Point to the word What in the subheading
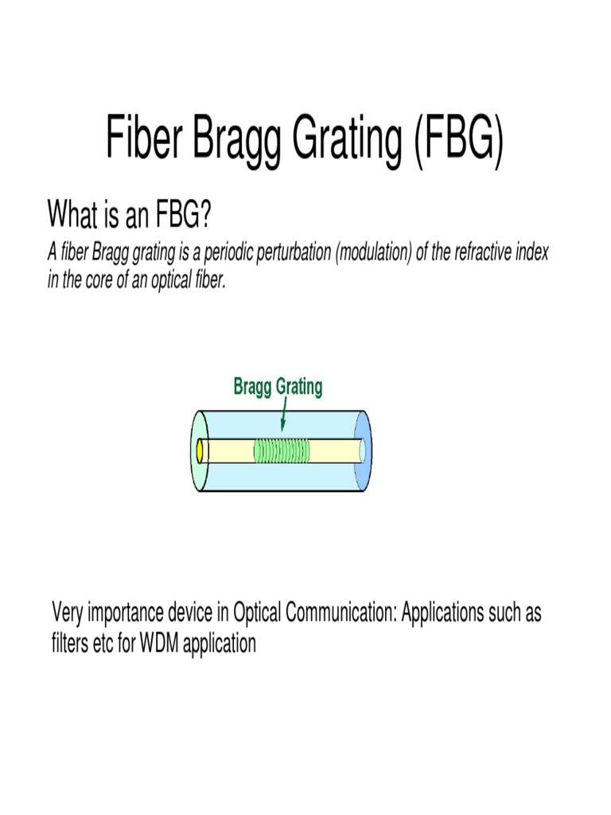72,214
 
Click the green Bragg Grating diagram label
278,388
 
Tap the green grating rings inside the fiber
281,450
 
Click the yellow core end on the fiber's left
202,451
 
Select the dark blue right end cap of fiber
364,450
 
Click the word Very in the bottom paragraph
67,614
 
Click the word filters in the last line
70,643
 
